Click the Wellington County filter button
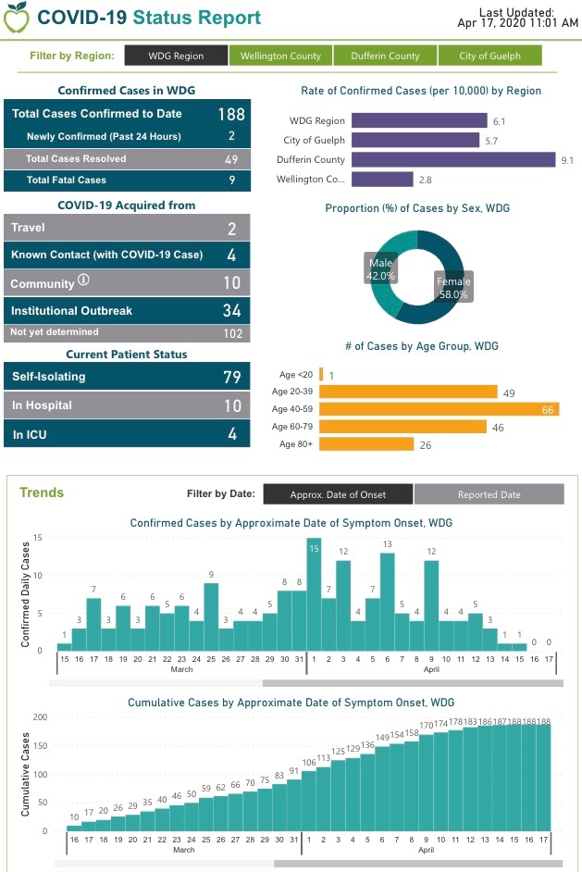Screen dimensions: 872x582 coord(280,56)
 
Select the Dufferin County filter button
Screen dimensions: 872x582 coord(385,56)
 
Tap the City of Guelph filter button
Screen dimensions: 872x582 coord(489,56)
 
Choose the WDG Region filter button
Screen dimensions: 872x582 coord(176,56)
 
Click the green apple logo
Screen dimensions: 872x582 coord(15,18)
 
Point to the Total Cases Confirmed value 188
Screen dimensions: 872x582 coord(230,114)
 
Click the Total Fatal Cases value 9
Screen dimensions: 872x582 coord(232,181)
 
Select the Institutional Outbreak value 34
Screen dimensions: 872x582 coord(231,311)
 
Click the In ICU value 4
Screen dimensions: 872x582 coord(233,434)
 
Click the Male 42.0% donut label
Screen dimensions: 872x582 coord(380,269)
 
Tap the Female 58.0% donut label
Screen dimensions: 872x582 coord(453,287)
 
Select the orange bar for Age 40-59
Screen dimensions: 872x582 coord(439,409)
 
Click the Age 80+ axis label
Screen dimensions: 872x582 coord(296,444)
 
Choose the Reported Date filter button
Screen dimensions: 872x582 coord(489,494)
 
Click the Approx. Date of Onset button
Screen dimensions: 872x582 coord(338,494)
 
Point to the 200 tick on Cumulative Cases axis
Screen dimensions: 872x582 coord(40,717)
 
